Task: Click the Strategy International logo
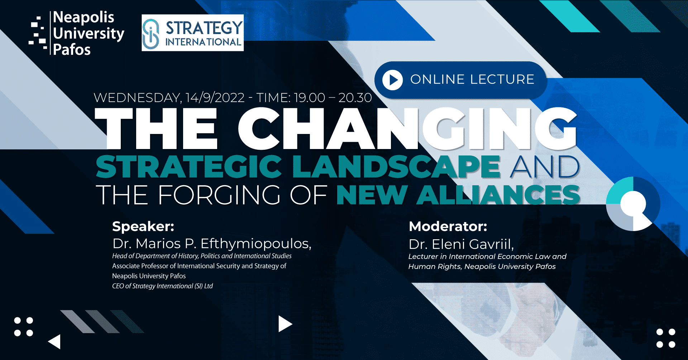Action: [193, 33]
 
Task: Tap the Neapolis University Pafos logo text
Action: [89, 33]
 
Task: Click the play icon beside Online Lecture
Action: [392, 80]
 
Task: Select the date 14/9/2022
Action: [215, 97]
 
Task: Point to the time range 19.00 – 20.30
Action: [333, 97]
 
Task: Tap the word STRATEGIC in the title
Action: [189, 167]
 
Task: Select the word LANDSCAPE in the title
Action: [396, 167]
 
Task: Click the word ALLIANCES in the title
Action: [498, 195]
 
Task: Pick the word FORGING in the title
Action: [219, 195]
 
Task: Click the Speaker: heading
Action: [143, 226]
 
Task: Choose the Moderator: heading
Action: [448, 226]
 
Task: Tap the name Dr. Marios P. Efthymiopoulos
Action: [212, 244]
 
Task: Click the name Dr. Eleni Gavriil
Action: [461, 244]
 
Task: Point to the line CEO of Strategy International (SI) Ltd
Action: [162, 286]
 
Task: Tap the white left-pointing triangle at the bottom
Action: [55, 342]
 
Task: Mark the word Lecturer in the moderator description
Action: [423, 256]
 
